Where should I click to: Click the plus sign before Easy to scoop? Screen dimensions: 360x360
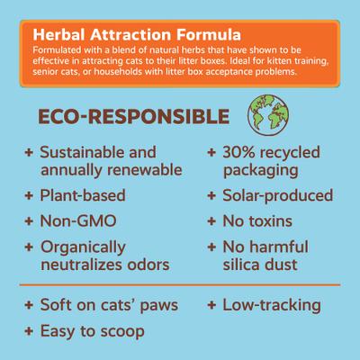[29, 331]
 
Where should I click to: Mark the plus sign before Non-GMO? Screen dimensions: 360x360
[29, 220]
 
